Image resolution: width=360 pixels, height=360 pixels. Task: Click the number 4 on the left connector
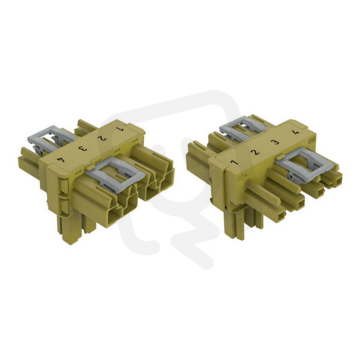pyautogui.click(x=62, y=160)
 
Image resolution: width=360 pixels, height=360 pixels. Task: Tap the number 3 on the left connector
pyautogui.click(x=82, y=149)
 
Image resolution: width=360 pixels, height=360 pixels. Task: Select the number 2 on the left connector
pyautogui.click(x=101, y=139)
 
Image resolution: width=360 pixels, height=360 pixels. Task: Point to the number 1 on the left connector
pyautogui.click(x=120, y=129)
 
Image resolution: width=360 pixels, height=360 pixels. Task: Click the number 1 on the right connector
pyautogui.click(x=234, y=163)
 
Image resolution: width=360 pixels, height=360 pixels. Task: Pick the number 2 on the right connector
pyautogui.click(x=255, y=152)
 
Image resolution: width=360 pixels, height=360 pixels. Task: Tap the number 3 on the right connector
pyautogui.click(x=275, y=142)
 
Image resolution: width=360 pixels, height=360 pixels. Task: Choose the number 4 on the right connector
pyautogui.click(x=296, y=132)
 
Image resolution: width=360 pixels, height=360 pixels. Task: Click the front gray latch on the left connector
pyautogui.click(x=115, y=171)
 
